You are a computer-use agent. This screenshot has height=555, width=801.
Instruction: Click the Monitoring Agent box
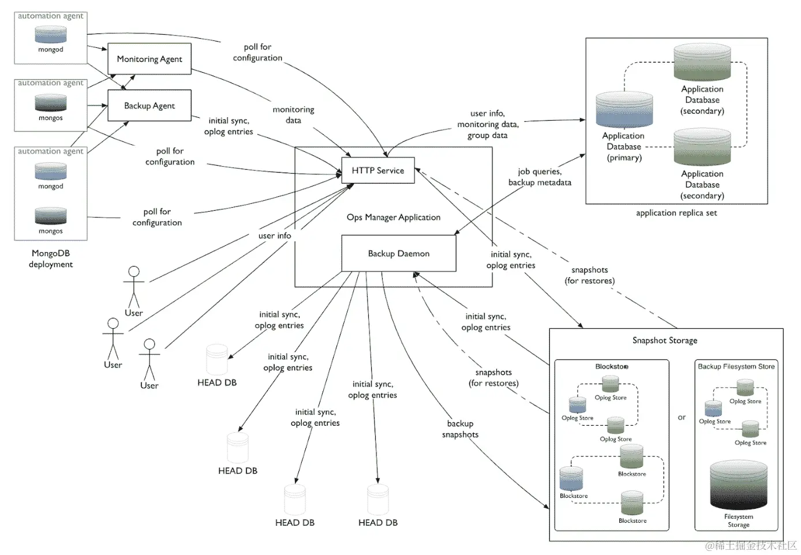click(x=149, y=59)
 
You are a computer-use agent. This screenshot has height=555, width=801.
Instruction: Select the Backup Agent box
click(x=149, y=106)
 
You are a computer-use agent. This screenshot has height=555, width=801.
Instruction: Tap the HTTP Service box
click(x=378, y=170)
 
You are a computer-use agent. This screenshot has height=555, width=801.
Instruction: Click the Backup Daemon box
click(x=399, y=253)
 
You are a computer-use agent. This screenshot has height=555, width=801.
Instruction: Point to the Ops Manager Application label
click(x=394, y=217)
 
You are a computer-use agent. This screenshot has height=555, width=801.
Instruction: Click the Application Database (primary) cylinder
click(x=624, y=110)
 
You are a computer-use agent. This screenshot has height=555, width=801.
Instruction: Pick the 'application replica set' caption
click(x=676, y=213)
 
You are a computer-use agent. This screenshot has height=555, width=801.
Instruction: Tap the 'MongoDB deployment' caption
click(x=51, y=258)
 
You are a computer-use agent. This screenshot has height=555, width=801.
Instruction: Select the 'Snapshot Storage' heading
click(x=665, y=340)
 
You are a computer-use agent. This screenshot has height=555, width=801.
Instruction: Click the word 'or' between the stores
click(x=682, y=417)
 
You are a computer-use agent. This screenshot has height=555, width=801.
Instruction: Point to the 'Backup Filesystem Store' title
click(x=736, y=366)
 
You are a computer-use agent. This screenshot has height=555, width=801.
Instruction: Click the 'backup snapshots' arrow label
click(x=460, y=429)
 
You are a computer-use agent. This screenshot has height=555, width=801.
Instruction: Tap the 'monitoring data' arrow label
click(x=293, y=115)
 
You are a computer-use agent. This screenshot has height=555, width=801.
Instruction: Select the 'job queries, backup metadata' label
click(x=540, y=177)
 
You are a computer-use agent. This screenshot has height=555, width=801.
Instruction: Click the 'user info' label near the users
click(x=275, y=235)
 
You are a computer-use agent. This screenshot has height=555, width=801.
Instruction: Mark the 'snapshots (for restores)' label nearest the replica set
click(x=589, y=275)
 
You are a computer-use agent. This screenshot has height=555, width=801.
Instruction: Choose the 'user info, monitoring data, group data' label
click(x=488, y=124)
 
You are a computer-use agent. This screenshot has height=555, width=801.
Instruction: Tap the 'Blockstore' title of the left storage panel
click(x=612, y=366)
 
